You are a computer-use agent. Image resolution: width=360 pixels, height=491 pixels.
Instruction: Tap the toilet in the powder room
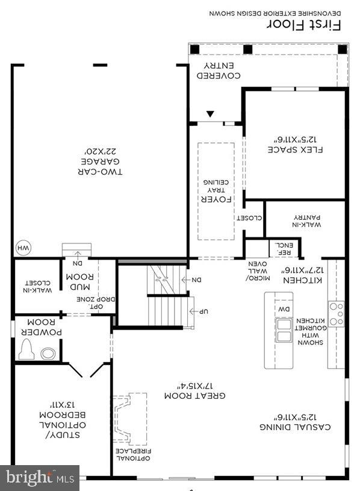click(x=27, y=349)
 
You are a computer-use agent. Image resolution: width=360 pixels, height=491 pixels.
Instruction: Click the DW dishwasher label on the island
click(x=284, y=309)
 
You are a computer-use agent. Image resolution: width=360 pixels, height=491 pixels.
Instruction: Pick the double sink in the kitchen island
click(x=283, y=331)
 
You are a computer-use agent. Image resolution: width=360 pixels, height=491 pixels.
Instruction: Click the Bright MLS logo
click(x=40, y=478)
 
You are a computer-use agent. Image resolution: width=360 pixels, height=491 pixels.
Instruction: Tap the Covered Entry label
click(x=220, y=70)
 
